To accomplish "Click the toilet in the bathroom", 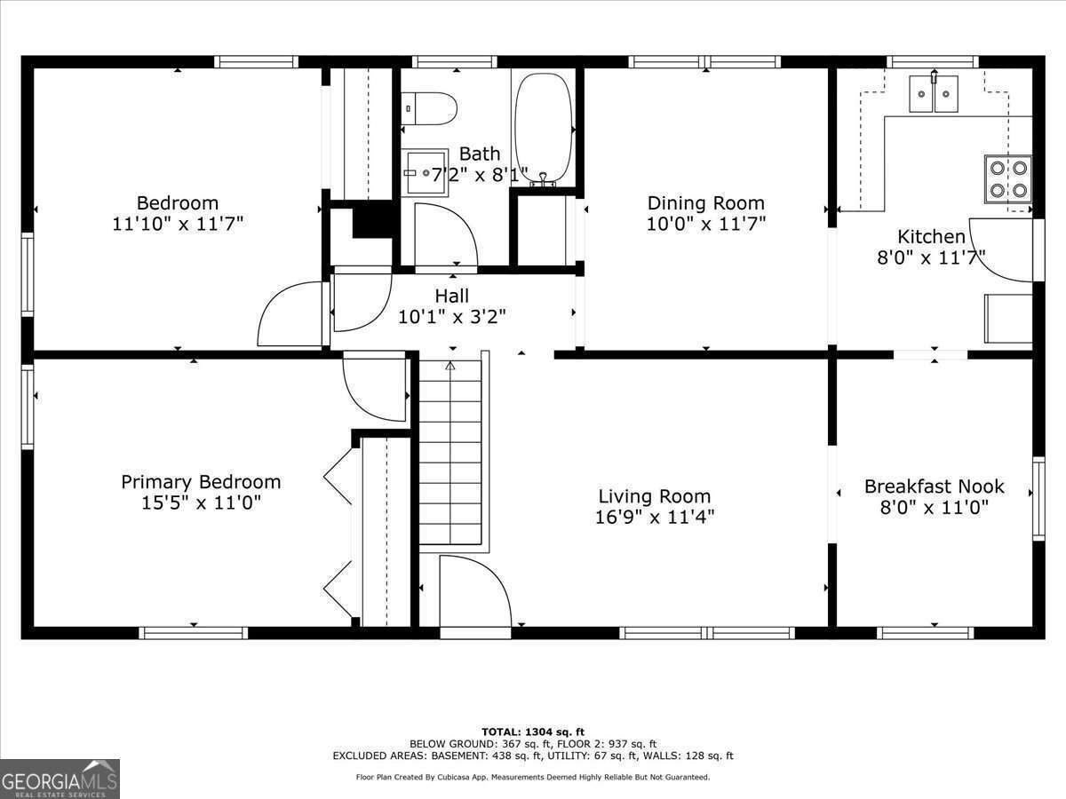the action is (429, 108).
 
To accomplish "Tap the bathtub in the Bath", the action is (544, 129).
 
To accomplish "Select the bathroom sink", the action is (425, 172).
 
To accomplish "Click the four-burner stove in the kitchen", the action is (1008, 179).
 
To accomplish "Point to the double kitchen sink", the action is (934, 93).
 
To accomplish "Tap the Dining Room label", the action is (705, 202).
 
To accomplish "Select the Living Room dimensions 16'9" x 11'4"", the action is (655, 518).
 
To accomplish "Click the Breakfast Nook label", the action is (934, 487).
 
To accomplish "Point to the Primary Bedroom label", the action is (201, 482).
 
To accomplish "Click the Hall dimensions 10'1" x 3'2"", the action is (451, 317).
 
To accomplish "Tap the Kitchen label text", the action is (931, 236).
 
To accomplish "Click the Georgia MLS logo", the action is (60, 779).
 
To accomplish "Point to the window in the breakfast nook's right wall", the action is (1038, 498).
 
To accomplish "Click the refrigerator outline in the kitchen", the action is (1008, 318).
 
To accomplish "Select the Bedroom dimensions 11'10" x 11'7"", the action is (178, 224).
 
